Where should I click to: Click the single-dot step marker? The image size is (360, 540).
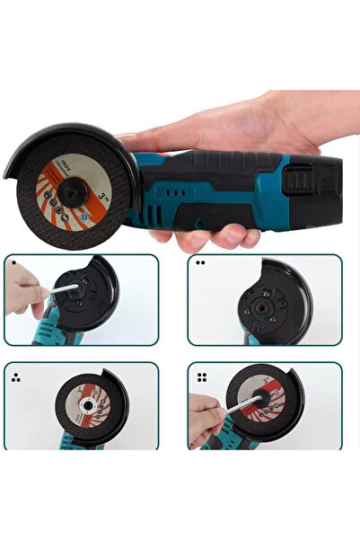tap(13, 262)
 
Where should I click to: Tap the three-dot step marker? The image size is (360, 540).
tap(15, 378)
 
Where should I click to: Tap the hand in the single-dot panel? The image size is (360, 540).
tap(22, 296)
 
